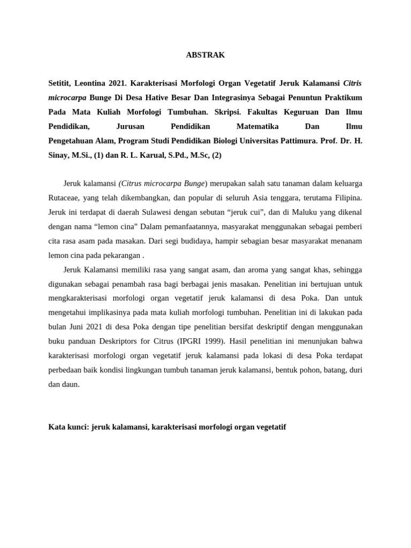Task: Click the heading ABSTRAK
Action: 205,55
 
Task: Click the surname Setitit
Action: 60,83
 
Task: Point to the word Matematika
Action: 257,126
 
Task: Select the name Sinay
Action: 59,155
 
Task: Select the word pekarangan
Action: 120,255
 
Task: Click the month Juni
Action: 79,326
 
